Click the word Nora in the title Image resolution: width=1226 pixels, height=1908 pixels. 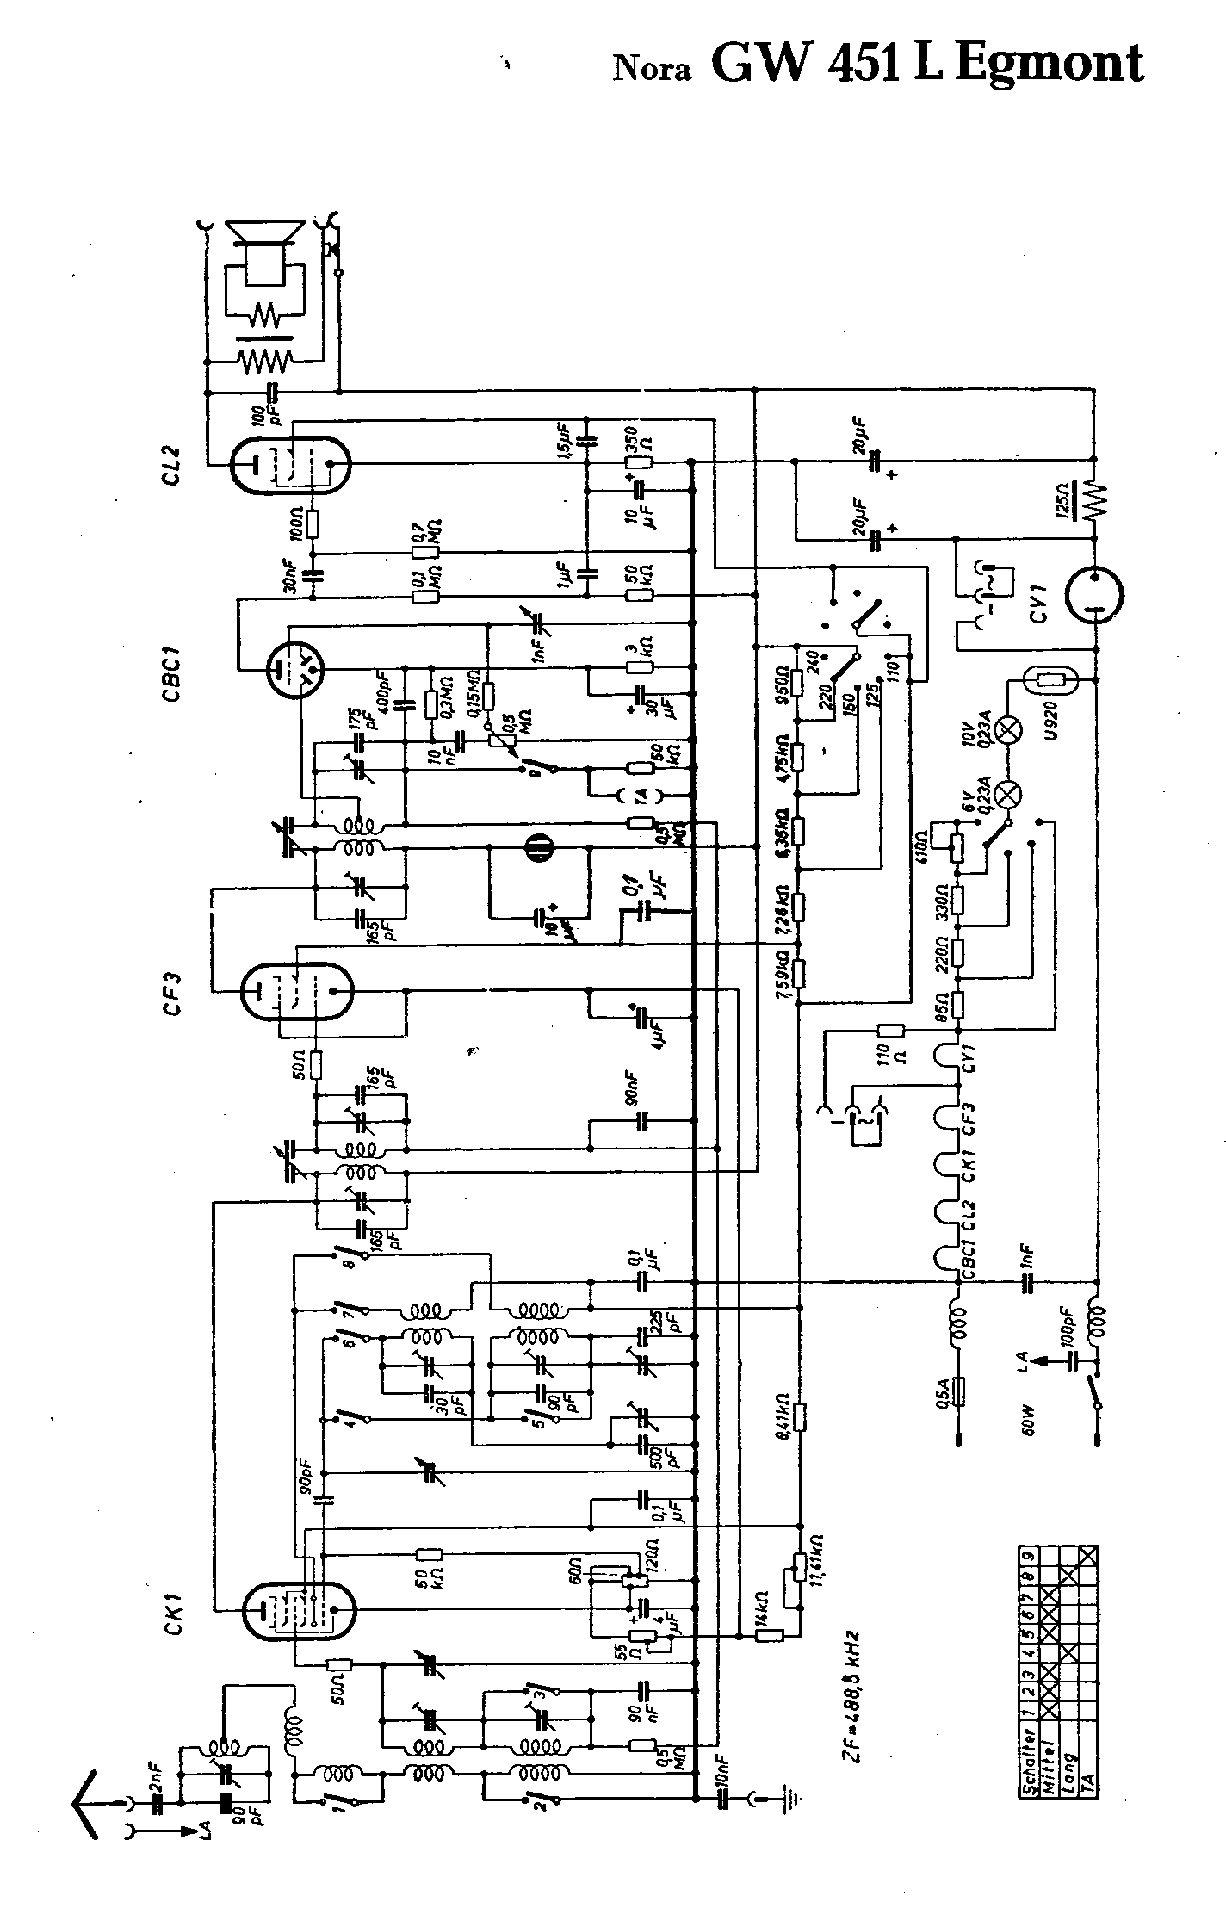(x=652, y=69)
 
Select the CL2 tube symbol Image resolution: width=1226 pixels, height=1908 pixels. (x=290, y=466)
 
